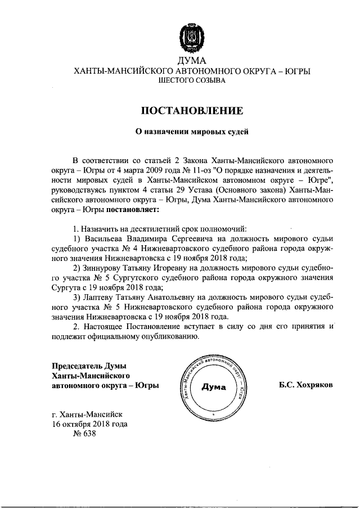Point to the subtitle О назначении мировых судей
192,132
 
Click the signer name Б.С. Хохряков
305,386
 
